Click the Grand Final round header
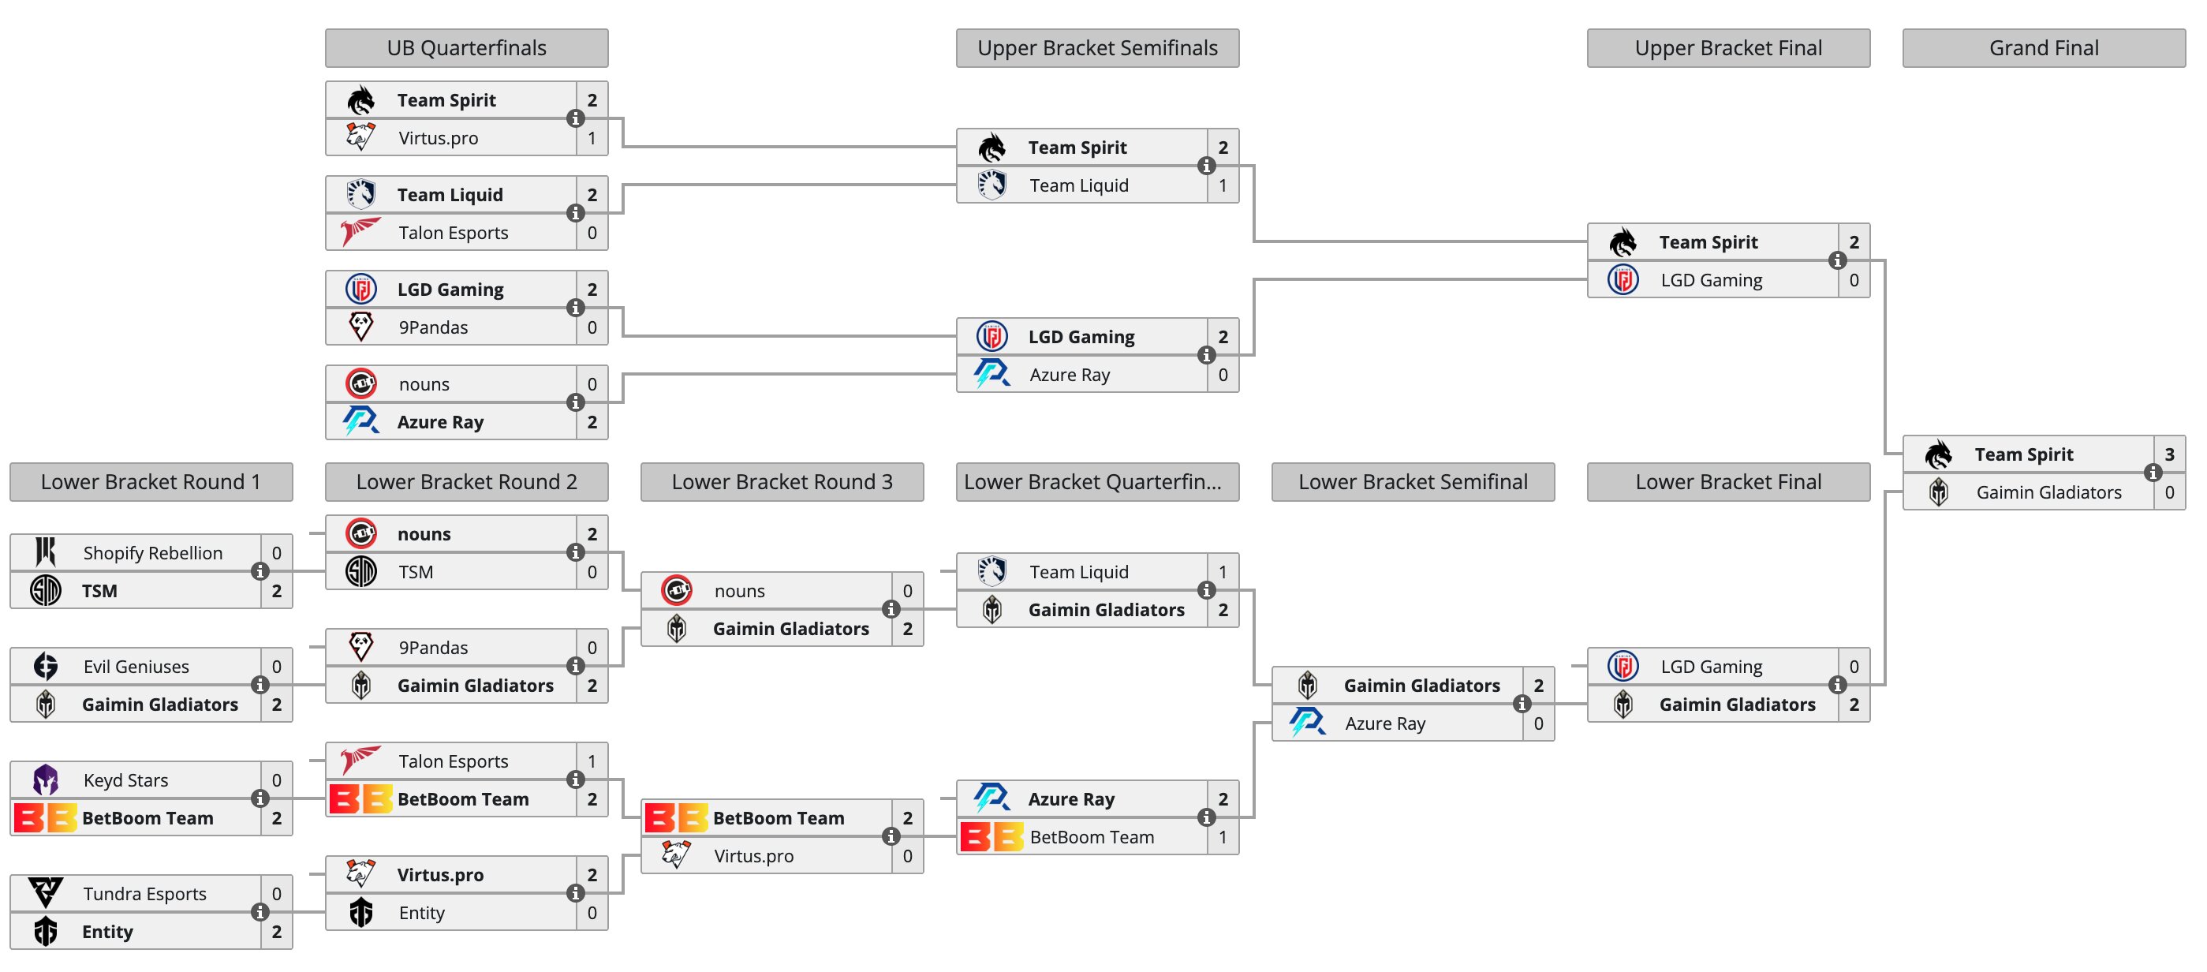point(2044,48)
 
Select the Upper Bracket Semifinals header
point(1097,48)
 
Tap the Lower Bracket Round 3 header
point(782,482)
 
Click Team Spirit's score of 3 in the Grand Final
point(2169,454)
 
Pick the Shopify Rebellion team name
point(152,553)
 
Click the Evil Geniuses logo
point(46,666)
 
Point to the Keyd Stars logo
point(46,780)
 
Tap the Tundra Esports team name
point(145,893)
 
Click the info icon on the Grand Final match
point(2152,473)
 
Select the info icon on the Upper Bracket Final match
point(1837,260)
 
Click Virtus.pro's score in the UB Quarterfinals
point(592,138)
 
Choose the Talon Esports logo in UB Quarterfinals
point(360,231)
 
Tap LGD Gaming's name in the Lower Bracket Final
point(1711,666)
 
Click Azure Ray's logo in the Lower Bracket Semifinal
point(1308,723)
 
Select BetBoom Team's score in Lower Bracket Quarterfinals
point(1223,836)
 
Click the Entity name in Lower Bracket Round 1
point(107,932)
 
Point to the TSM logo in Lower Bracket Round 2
point(360,572)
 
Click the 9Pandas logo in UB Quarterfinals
point(360,327)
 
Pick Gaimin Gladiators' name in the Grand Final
point(2048,492)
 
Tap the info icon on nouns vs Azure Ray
point(575,402)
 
